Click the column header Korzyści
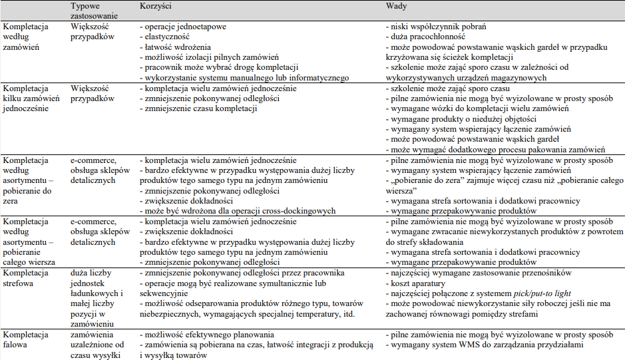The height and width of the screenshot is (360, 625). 156,6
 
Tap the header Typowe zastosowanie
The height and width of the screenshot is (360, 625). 94,11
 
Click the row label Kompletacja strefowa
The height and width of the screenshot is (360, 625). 26,278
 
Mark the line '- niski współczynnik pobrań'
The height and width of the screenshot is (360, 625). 436,27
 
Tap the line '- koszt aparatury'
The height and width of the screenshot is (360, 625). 418,283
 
